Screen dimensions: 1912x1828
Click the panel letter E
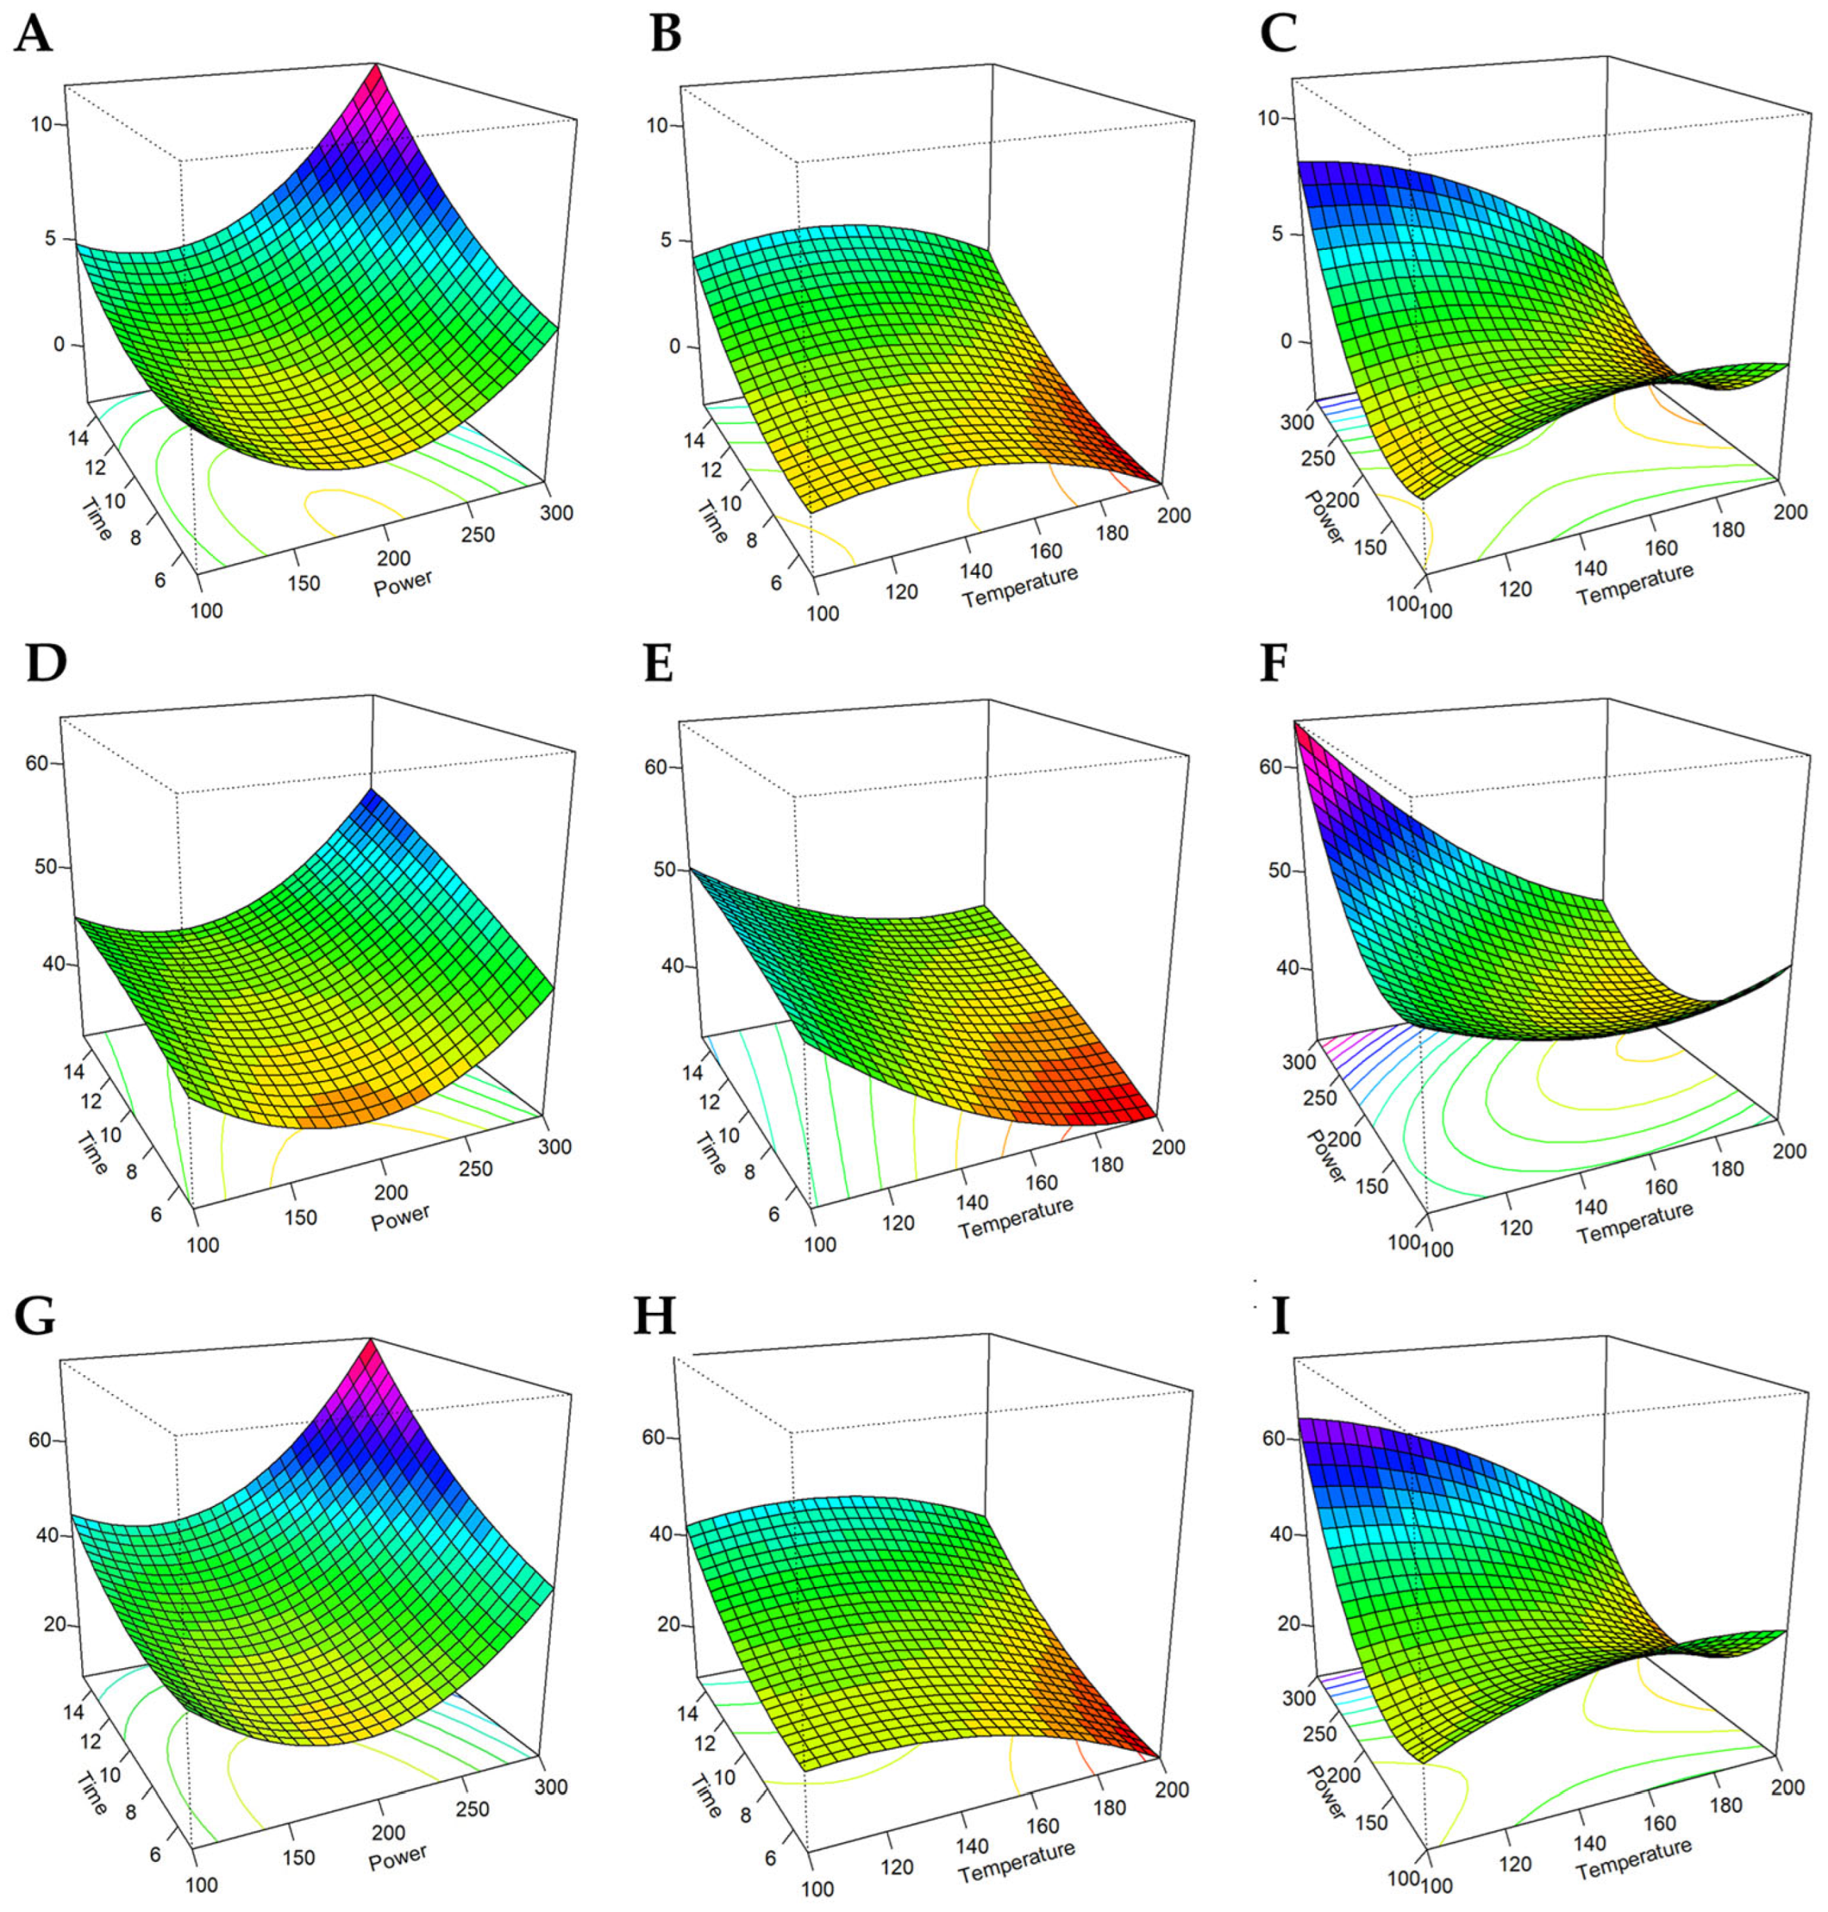pos(658,664)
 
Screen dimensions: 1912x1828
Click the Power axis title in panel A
pos(402,583)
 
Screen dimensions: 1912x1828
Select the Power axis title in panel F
pos(1325,1156)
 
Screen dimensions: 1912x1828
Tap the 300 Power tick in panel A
pos(556,512)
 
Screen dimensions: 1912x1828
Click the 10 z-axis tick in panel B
pos(657,125)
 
